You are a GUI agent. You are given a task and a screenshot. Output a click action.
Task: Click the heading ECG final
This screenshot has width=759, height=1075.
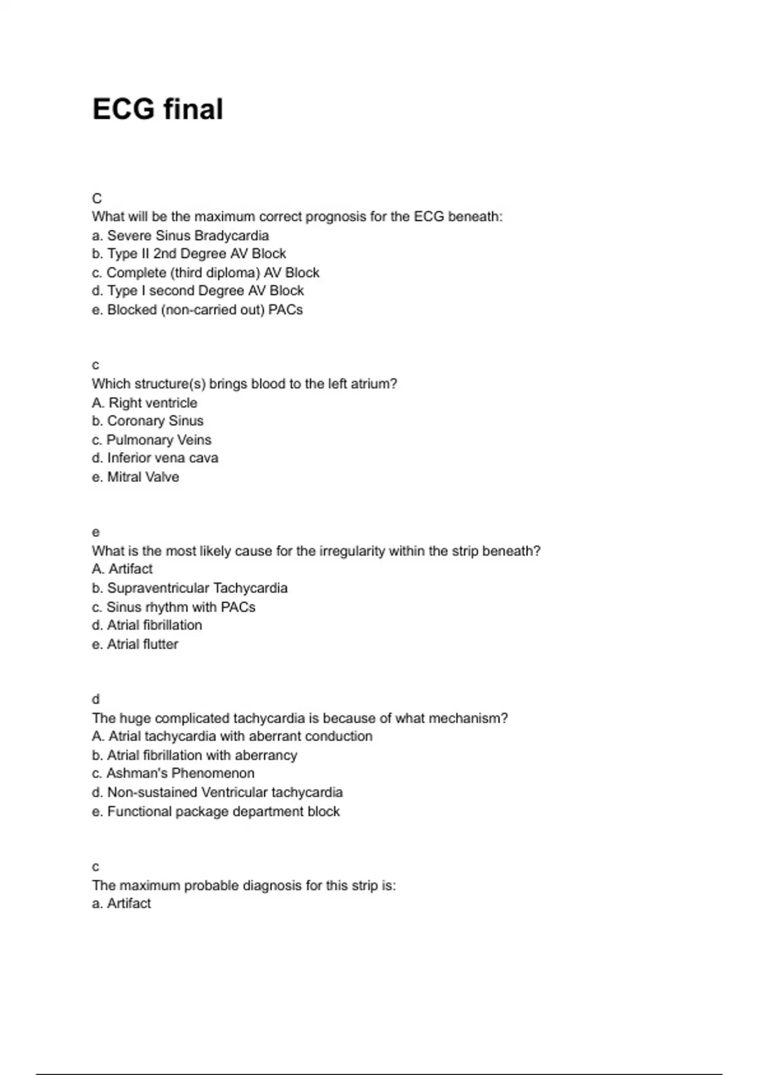point(157,109)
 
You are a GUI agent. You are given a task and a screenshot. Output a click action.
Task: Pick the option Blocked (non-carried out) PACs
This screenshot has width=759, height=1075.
point(197,310)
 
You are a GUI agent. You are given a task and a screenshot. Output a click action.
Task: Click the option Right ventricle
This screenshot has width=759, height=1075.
point(144,403)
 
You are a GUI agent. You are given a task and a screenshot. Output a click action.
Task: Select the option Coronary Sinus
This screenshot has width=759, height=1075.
point(147,421)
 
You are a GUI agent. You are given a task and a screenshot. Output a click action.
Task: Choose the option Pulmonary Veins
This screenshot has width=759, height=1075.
point(152,440)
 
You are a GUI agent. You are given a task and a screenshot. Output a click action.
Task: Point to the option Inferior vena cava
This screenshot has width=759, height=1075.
point(155,458)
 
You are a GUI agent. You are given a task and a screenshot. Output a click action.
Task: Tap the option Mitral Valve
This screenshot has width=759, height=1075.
point(135,477)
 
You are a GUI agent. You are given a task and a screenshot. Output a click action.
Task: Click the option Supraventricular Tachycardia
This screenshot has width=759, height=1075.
point(190,588)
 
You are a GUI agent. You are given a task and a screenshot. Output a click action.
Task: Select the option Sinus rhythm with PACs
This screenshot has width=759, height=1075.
point(174,607)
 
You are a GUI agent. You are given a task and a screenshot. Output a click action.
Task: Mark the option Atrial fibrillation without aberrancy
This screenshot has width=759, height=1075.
point(147,625)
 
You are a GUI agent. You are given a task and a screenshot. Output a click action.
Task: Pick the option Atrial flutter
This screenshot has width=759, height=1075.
point(135,644)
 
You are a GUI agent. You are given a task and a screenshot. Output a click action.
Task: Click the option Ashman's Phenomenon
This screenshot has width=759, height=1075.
point(173,773)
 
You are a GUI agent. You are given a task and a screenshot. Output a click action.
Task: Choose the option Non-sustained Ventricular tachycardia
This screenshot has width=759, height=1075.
point(217,792)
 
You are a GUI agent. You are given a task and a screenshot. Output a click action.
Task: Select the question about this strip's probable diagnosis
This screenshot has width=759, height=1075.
point(244,885)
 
